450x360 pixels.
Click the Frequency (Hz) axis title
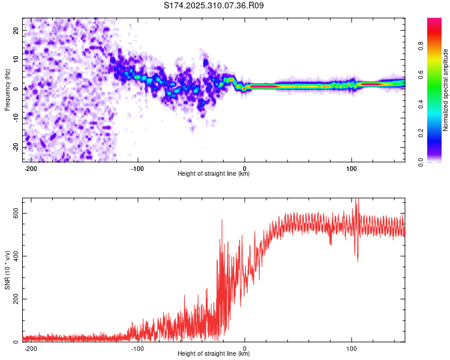[x=7, y=89]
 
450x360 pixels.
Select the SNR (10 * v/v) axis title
[x=7, y=269]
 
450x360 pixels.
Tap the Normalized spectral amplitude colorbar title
[x=445, y=90]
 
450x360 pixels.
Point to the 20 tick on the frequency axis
[x=16, y=30]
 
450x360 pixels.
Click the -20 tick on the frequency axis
[x=14, y=148]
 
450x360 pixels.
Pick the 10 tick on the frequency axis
[x=16, y=59]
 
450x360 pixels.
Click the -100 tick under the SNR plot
[x=138, y=349]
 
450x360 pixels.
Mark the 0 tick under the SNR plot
[x=245, y=349]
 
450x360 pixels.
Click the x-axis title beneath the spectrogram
[x=214, y=174]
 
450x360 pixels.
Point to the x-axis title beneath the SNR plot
[x=214, y=354]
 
